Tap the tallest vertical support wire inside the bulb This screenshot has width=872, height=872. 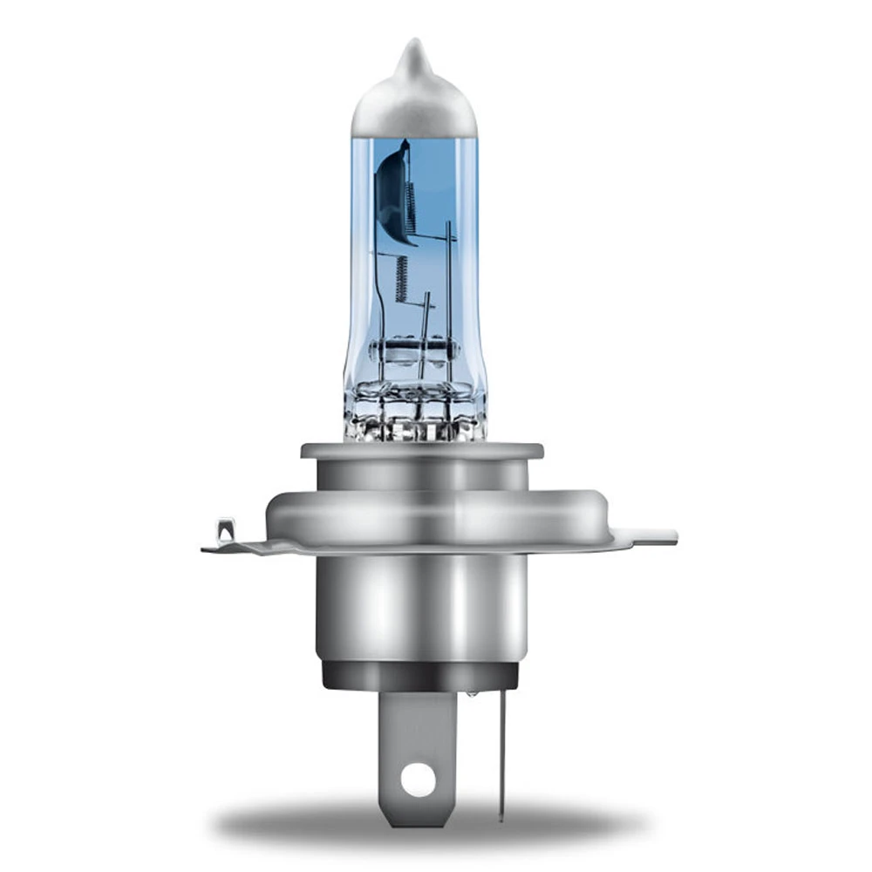coord(449,288)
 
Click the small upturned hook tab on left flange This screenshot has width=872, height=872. coord(225,529)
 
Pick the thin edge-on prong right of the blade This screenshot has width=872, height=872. coord(502,750)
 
